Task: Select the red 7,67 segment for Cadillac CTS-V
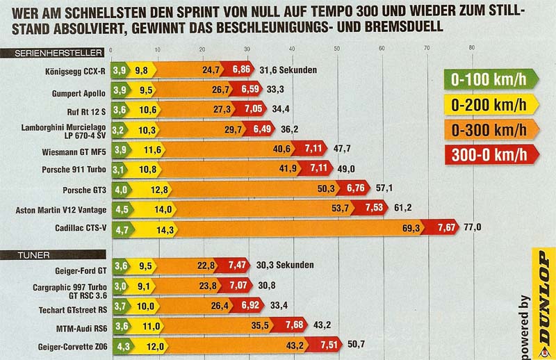[448, 228]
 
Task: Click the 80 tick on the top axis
[473, 48]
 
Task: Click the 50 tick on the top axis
[337, 48]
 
